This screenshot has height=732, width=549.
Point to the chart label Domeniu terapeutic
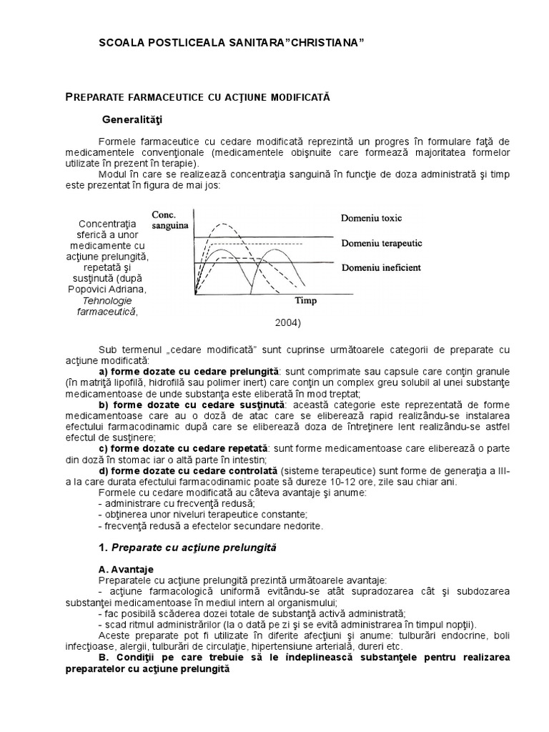click(x=381, y=243)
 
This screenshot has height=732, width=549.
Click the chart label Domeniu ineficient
click(x=380, y=267)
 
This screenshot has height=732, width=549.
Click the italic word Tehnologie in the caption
click(x=107, y=300)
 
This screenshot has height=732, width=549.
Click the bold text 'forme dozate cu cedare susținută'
click(x=197, y=405)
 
